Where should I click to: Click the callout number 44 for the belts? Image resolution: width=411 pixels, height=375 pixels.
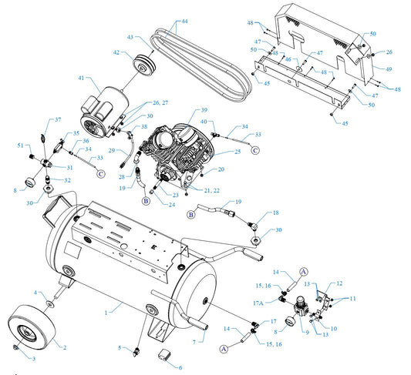pos(184,22)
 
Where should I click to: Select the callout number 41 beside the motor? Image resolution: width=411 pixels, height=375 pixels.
pos(81,78)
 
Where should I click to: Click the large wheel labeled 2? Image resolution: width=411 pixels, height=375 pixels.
pos(32,327)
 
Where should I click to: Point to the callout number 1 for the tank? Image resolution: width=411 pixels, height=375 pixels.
pos(106,313)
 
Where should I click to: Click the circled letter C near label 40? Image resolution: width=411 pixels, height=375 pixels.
pos(255,150)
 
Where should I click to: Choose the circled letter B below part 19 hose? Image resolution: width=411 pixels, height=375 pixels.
pos(146,201)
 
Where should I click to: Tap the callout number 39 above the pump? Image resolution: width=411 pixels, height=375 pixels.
pos(204,110)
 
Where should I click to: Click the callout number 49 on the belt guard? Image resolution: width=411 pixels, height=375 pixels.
pos(389,69)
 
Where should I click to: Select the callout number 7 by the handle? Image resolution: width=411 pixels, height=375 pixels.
pos(194,342)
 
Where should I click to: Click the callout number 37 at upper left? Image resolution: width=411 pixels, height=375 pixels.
pos(58,119)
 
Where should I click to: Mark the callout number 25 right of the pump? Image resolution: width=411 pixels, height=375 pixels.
pos(238,152)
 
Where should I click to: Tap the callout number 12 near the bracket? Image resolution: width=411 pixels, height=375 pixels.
pos(339,283)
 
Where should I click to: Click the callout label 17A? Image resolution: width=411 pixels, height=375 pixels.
pos(258,303)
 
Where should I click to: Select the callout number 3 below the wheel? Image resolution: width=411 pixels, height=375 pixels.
pos(34,359)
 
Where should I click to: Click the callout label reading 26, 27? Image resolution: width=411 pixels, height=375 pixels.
pos(160,102)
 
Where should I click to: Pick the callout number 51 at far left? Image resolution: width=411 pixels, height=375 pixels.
pos(21,146)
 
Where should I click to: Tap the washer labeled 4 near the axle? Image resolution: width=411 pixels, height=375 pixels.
pos(50,304)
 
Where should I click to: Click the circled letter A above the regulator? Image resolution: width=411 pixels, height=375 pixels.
pos(303,272)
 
